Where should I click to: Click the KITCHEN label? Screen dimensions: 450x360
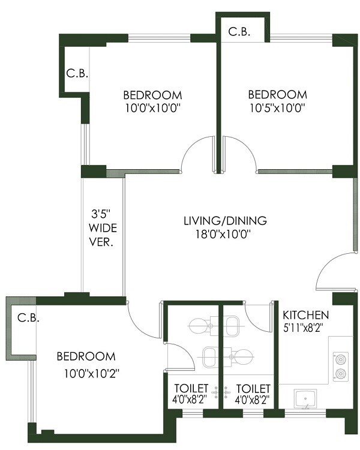[305, 315]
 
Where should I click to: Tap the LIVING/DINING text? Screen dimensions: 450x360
[224, 220]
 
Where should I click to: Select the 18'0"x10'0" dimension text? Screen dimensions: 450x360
[224, 234]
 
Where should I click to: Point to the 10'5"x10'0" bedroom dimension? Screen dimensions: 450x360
[277, 109]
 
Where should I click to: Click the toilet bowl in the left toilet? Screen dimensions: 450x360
[199, 326]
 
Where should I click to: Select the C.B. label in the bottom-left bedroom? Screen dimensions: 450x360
[28, 318]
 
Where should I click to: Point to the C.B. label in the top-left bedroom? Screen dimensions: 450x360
[77, 74]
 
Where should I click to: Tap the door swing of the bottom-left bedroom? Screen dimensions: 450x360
[143, 321]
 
